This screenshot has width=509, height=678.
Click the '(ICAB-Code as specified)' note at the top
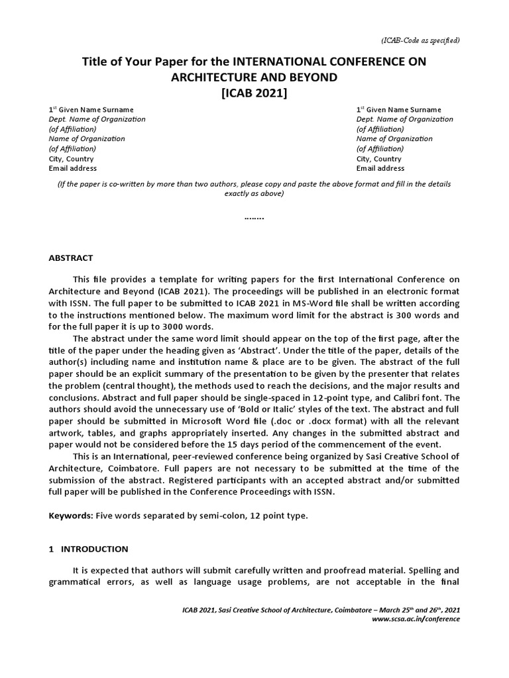[x=420, y=40]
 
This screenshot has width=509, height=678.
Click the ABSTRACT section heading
[x=71, y=258]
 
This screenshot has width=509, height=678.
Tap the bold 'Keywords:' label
[x=71, y=516]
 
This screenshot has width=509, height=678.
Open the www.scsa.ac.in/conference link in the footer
[x=416, y=619]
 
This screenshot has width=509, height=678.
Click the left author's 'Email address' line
[x=73, y=168]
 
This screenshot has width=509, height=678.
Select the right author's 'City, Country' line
[x=378, y=159]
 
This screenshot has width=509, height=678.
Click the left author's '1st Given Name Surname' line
[x=91, y=109]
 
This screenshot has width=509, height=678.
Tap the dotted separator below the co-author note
[x=254, y=217]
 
